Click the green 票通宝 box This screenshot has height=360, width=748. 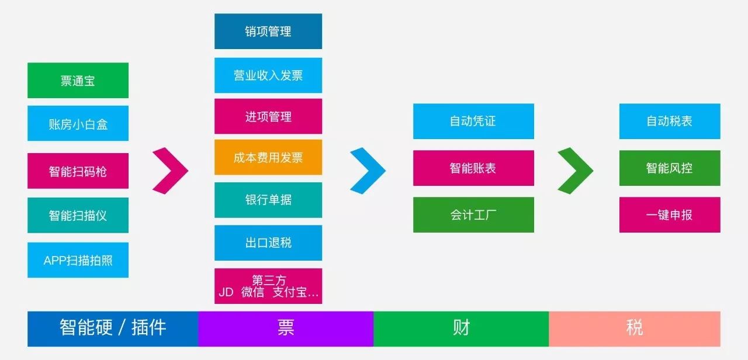(x=78, y=81)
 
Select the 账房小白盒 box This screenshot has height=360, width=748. (x=78, y=124)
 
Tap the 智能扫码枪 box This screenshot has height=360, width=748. (x=78, y=171)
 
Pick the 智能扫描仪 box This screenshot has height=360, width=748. (x=78, y=215)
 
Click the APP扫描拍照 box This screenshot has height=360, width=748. (x=78, y=260)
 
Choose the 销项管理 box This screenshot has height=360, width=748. (x=268, y=32)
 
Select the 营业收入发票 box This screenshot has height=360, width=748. (x=268, y=75)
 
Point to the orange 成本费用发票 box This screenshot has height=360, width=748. (x=268, y=157)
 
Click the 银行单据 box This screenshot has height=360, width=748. (x=268, y=200)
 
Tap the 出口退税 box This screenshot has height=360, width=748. (x=268, y=243)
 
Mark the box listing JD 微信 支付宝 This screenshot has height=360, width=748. (x=268, y=286)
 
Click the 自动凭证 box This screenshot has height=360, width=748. (x=473, y=122)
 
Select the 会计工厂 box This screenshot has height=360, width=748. (x=473, y=214)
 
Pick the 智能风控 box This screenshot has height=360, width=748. (x=670, y=168)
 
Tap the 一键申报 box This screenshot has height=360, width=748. (x=670, y=214)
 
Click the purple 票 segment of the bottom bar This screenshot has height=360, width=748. (x=286, y=328)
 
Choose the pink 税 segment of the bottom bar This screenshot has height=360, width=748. (x=634, y=328)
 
